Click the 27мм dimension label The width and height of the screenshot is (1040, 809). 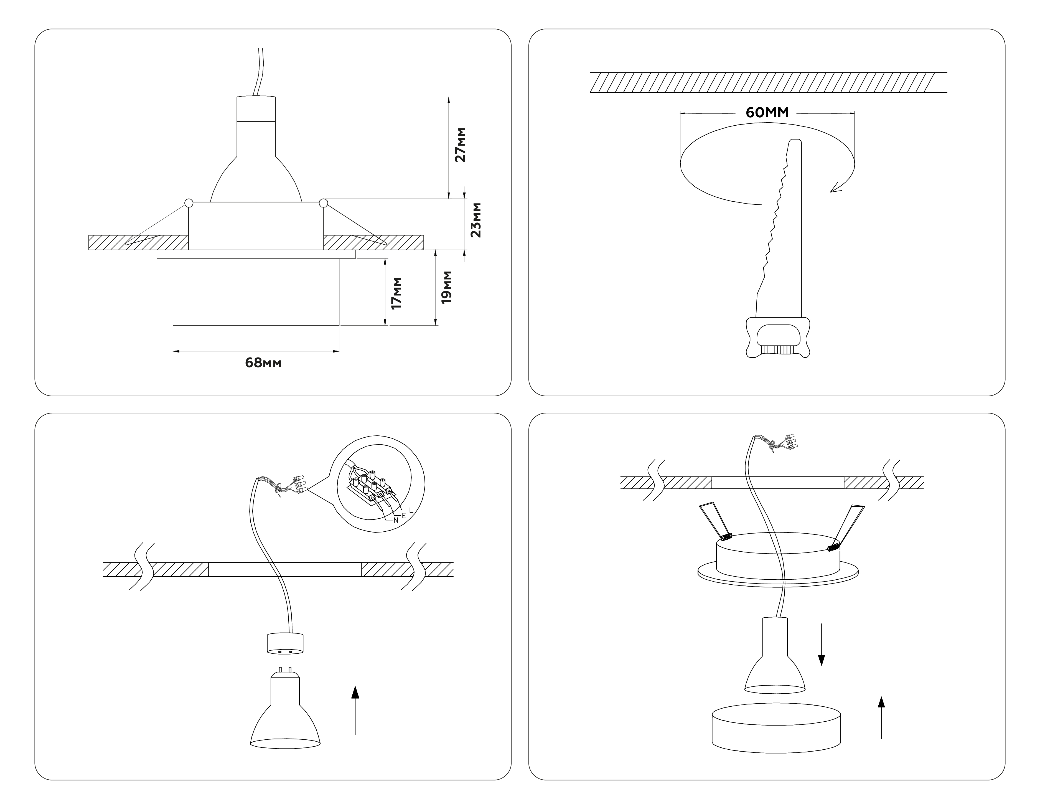coord(460,145)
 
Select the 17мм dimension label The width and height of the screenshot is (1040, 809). coord(396,293)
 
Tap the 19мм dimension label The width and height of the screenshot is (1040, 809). coord(446,287)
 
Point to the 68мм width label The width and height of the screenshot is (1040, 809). coord(263,363)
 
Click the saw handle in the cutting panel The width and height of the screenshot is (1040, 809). coord(778,337)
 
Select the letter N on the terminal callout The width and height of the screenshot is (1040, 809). coord(396,520)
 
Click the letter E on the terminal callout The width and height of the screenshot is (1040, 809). coord(404,516)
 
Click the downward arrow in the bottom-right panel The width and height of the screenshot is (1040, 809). coord(821,643)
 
